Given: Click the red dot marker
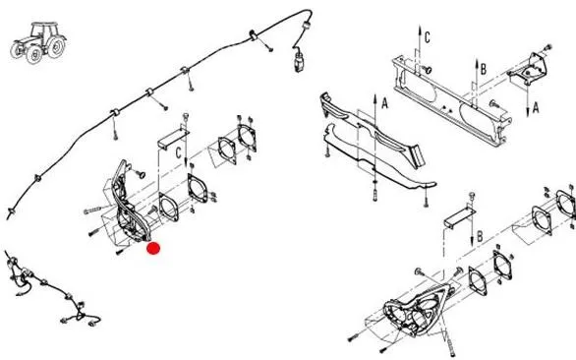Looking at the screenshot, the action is [x=153, y=248].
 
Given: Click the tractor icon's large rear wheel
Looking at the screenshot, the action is [x=56, y=47].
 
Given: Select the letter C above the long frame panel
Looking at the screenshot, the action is [x=428, y=37].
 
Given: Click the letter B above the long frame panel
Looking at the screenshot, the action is [x=484, y=69].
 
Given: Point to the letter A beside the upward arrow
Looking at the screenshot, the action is [x=384, y=103].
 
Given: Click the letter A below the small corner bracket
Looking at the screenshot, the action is [x=536, y=108].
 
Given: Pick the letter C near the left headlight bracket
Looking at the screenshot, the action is [x=179, y=153].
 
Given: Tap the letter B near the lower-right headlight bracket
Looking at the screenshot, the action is [x=480, y=237].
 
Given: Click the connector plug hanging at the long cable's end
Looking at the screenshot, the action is [x=299, y=61].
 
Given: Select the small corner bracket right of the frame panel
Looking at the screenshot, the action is [x=528, y=70].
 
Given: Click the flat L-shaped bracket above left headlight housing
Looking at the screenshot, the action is [x=173, y=137].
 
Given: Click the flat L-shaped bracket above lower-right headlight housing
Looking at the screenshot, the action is [x=460, y=217].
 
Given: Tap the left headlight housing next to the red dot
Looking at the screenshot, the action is [x=125, y=206].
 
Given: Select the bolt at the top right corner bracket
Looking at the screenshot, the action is [x=547, y=47].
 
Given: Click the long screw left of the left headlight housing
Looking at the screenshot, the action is [x=94, y=210].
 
